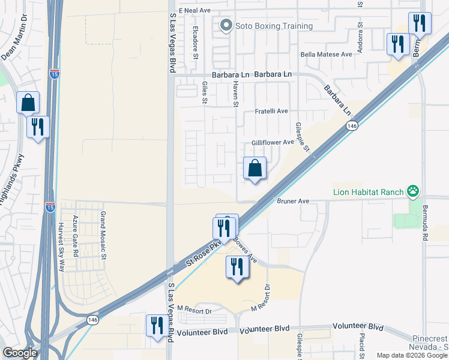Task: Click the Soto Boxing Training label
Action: point(274,26)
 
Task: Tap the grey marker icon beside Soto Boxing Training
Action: point(226,25)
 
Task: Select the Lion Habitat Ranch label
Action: point(368,192)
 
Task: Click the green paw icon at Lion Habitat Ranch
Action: point(413,192)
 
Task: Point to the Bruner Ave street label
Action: point(292,202)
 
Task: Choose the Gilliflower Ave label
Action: point(273,142)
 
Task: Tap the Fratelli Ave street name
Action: point(271,111)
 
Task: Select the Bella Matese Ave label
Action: point(326,54)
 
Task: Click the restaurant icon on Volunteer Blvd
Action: point(157,326)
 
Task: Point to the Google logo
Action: point(20,353)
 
